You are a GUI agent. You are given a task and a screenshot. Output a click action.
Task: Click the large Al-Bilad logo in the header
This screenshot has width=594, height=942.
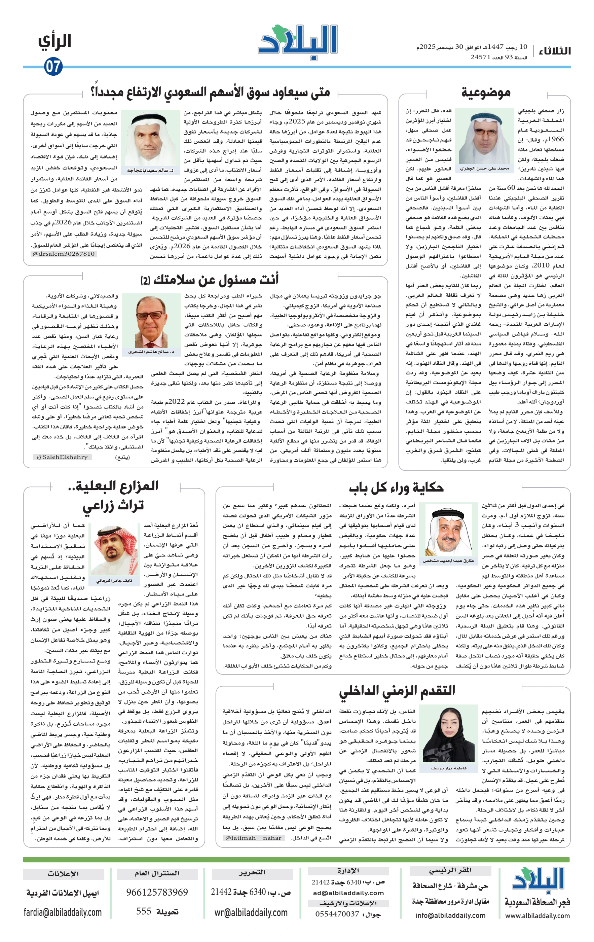coord(298,42)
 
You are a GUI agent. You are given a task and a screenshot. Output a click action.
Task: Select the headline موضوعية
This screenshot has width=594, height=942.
coord(486,93)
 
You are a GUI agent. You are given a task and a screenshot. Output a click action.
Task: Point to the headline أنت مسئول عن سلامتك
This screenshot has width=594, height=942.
coord(210,279)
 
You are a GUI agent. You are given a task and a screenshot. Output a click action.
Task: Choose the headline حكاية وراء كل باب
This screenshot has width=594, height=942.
coord(396,488)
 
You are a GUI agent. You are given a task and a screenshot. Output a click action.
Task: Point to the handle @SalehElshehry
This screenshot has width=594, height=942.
coord(62,457)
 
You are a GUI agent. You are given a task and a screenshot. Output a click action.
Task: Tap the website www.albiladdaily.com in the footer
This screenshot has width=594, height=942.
coord(537,915)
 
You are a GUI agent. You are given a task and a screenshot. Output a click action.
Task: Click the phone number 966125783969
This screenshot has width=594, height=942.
coord(157,892)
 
